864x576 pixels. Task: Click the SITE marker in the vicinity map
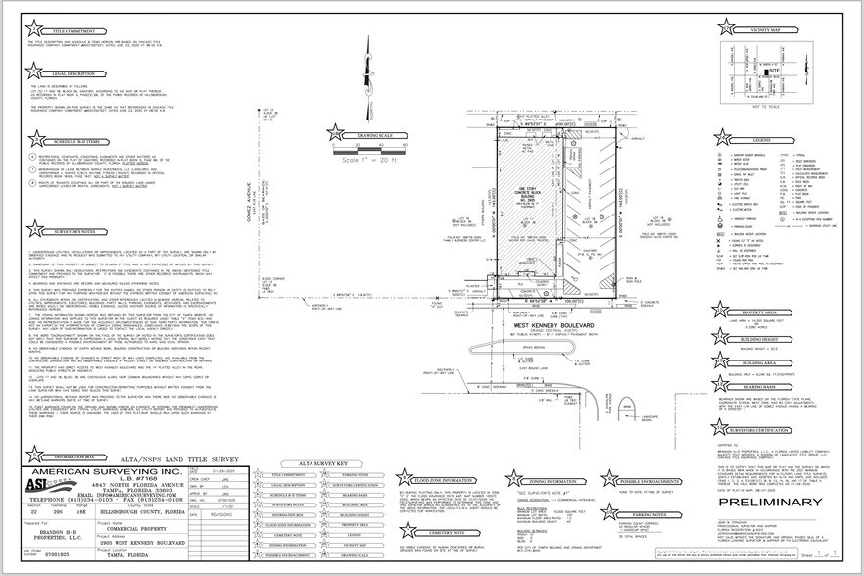774,72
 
